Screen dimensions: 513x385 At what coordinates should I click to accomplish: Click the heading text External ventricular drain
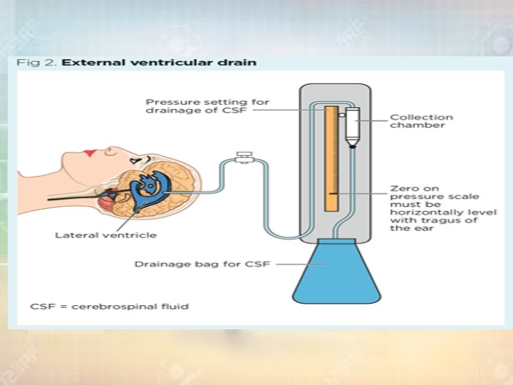tap(160, 63)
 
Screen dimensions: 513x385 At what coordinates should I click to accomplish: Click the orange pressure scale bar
tap(331, 158)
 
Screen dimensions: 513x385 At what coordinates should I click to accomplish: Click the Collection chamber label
tap(420, 121)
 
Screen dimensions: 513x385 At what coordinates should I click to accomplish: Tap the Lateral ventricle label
tap(106, 235)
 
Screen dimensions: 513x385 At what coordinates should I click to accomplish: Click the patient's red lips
tap(90, 153)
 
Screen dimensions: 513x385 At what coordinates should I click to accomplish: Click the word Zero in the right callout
tap(401, 189)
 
